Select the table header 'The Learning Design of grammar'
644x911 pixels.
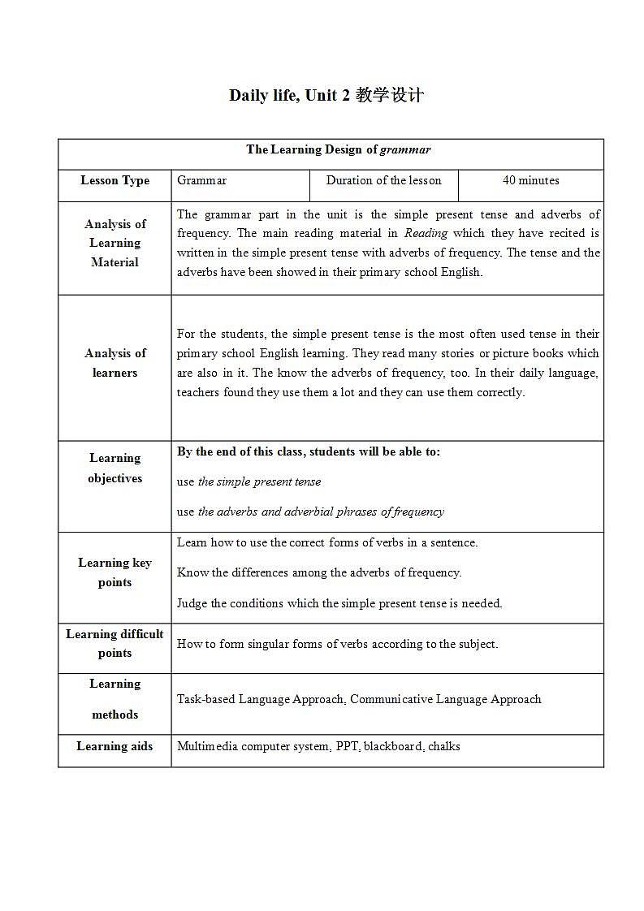(338, 149)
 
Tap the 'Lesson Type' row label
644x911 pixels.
(115, 180)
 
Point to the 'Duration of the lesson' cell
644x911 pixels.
(383, 180)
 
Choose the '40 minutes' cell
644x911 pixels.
(530, 180)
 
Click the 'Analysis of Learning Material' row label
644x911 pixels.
(115, 243)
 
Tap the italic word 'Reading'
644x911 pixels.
(426, 233)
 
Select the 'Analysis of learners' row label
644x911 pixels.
(115, 363)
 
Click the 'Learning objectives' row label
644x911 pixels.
(115, 468)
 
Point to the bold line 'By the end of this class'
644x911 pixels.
(309, 451)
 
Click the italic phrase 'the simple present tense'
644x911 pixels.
(259, 481)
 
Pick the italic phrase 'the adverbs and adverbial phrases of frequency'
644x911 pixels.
(321, 512)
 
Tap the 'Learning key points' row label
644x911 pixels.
(115, 572)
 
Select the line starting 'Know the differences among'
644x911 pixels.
(319, 572)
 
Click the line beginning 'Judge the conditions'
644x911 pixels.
(339, 603)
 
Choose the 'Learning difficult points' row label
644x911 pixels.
(115, 644)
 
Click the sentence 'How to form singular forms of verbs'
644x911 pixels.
(337, 644)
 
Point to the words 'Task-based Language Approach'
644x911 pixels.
(260, 699)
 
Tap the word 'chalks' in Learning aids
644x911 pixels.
(443, 746)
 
